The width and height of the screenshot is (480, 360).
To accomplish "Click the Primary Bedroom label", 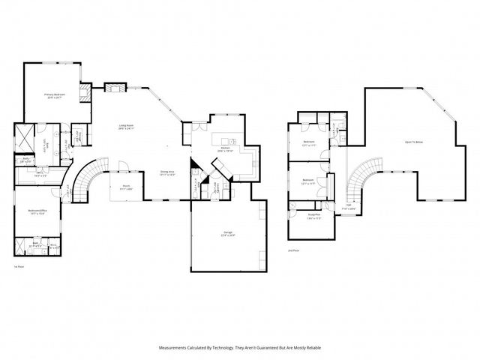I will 55,95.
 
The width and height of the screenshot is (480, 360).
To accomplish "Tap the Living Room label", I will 125,127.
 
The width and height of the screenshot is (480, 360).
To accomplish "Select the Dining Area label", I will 167,172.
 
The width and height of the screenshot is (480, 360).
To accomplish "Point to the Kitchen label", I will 225,149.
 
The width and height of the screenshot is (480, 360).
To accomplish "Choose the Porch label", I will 126,188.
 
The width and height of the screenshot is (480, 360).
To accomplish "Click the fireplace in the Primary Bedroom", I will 85,93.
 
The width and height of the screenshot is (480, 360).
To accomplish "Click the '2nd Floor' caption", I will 292,251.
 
